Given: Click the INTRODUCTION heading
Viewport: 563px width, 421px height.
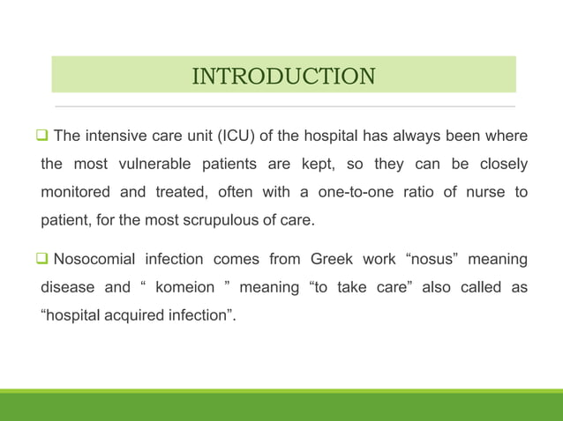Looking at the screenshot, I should (x=283, y=76).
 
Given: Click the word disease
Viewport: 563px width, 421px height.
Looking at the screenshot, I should (x=70, y=286).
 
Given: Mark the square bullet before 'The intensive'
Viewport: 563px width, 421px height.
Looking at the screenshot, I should (x=42, y=137).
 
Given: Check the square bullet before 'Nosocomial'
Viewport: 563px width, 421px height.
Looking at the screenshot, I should (x=42, y=259).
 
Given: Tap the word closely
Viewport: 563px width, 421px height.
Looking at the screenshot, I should (x=501, y=164).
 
